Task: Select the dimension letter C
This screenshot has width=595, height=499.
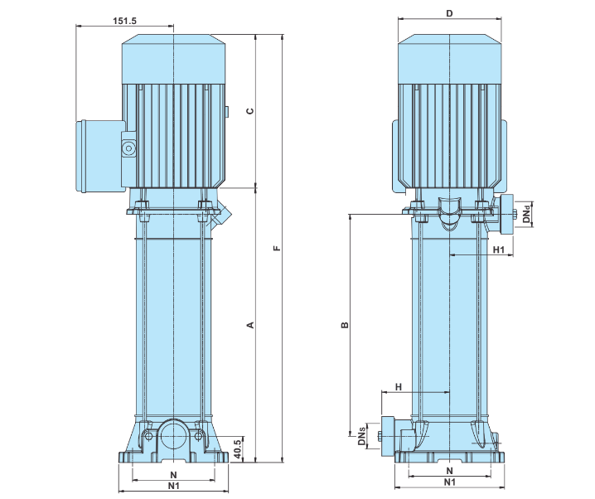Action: (249, 110)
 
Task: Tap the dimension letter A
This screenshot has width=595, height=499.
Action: (249, 324)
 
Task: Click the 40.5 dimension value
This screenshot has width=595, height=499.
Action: (237, 448)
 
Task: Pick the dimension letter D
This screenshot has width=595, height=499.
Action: (449, 13)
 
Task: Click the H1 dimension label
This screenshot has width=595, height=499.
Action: (499, 249)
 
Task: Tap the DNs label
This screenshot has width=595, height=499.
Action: (362, 437)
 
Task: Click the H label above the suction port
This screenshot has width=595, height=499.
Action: (398, 386)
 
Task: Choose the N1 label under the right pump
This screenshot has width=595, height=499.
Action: (449, 482)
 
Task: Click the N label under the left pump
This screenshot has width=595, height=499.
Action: (173, 474)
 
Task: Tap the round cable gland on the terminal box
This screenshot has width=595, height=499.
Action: (128, 149)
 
